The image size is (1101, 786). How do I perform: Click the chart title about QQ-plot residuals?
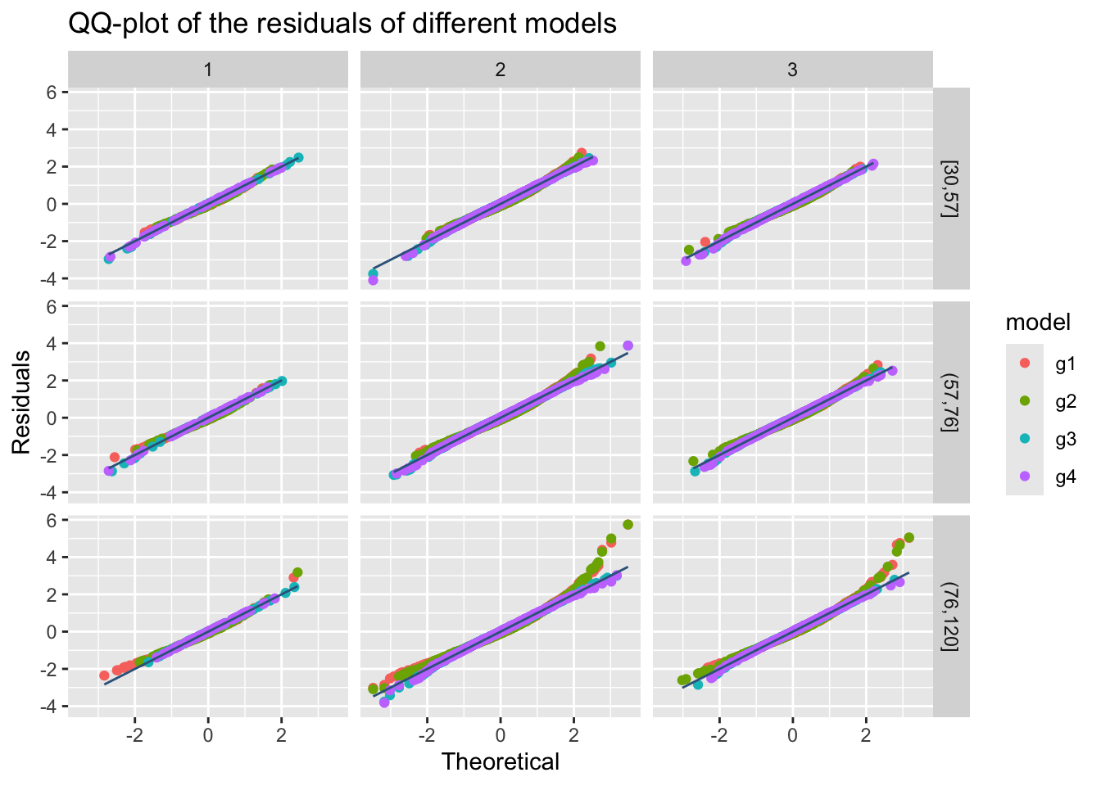coord(342,25)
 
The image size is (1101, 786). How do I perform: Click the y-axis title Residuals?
coord(21,401)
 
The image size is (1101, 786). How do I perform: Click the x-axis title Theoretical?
coord(501,762)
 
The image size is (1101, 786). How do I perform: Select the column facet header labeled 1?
coord(208,70)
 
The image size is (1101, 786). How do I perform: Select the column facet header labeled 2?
coord(501,70)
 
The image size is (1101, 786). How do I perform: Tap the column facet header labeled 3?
coord(792,70)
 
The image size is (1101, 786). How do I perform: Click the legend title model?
coord(1038,323)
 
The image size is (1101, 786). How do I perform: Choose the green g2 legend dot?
coord(1025,401)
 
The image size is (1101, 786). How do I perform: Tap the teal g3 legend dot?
coord(1025,439)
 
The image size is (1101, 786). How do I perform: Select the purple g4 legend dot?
coord(1025,477)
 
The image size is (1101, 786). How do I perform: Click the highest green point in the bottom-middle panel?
coord(628,524)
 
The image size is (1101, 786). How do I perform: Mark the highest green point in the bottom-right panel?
coord(908,537)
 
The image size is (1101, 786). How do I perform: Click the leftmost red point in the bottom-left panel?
coord(104,675)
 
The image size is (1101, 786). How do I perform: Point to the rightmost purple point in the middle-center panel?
coord(628,346)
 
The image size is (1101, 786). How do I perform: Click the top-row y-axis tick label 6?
coord(51,93)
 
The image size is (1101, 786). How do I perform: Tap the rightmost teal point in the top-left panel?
coord(298,157)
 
